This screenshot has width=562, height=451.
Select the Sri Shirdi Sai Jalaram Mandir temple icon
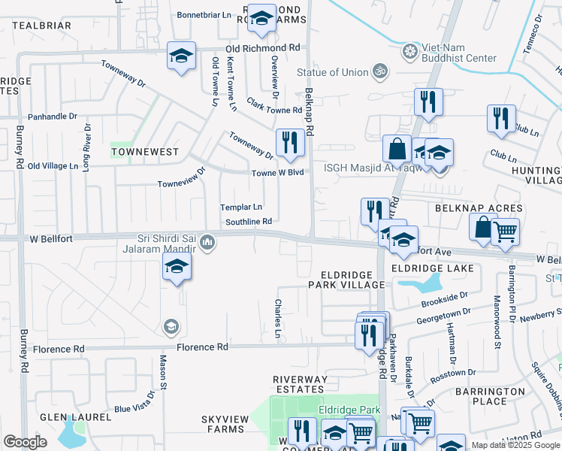point(208,242)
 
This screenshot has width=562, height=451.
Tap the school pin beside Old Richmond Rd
point(181,56)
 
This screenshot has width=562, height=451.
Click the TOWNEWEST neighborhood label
point(145,152)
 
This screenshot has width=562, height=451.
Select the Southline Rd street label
point(247,222)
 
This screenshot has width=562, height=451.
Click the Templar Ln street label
point(240,207)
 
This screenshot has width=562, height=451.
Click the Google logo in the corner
point(25,442)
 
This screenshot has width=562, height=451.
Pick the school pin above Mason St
point(177,266)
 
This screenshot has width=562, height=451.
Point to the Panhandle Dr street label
point(53,117)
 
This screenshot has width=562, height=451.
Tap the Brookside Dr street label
point(443,298)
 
